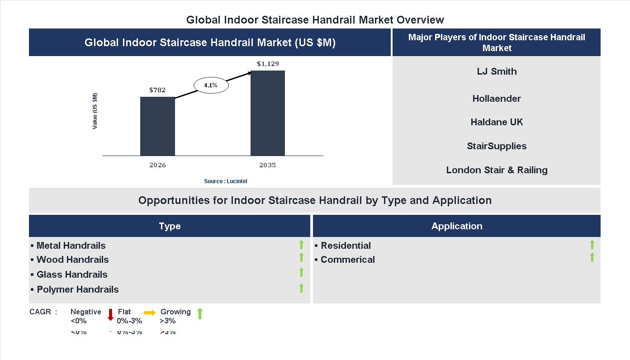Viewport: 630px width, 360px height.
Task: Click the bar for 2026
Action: click(x=157, y=126)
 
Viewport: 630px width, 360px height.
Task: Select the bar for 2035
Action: click(x=268, y=113)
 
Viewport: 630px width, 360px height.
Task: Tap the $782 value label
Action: click(x=157, y=90)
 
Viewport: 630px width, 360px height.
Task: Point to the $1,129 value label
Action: click(x=268, y=64)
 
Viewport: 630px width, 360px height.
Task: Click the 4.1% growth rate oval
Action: click(x=211, y=85)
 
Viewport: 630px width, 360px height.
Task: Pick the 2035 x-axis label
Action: click(x=267, y=165)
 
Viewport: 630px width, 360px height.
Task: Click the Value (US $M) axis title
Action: click(x=95, y=111)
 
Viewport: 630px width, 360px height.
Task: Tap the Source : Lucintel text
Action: click(x=225, y=181)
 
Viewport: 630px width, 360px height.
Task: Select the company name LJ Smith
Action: click(x=497, y=71)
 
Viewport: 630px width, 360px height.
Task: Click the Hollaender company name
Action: click(x=497, y=99)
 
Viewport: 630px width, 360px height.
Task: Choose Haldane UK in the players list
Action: click(x=497, y=122)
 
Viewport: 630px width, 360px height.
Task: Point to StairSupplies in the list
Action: click(x=497, y=146)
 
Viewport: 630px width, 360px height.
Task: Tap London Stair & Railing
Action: click(x=497, y=170)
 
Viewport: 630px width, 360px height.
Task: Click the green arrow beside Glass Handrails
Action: click(x=301, y=272)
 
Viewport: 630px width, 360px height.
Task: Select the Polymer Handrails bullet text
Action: click(x=77, y=289)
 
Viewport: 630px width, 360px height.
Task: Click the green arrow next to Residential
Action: click(x=592, y=245)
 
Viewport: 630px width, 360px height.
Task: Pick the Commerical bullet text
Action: click(x=347, y=260)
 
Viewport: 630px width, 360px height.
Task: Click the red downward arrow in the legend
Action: click(x=110, y=315)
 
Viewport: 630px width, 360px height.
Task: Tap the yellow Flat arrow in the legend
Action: click(x=149, y=312)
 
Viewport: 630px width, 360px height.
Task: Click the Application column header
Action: click(x=457, y=226)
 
